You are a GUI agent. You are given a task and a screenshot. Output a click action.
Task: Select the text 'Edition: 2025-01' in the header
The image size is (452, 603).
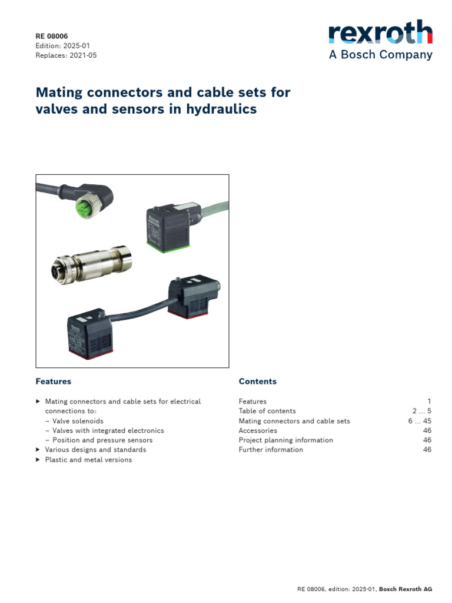coord(63,46)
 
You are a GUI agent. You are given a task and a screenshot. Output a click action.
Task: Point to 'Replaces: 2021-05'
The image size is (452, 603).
coord(66,55)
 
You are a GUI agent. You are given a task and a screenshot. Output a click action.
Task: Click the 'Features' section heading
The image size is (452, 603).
coord(54,382)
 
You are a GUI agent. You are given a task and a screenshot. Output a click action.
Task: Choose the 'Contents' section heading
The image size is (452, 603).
coord(257,382)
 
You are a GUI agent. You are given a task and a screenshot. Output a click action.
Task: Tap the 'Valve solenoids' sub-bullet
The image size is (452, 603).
coord(78,421)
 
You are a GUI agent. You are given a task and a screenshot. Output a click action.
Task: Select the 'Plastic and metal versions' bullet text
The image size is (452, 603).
coord(88,459)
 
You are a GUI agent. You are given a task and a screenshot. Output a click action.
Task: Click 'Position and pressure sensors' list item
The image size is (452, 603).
coord(102,440)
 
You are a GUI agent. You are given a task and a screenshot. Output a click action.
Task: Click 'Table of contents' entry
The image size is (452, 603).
coord(267,411)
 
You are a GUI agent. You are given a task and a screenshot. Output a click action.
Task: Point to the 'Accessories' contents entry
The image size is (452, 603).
coord(258,430)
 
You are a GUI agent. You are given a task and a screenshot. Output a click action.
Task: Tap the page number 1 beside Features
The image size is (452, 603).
coord(429,402)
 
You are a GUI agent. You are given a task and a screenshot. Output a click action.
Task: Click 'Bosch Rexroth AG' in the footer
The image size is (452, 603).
coord(406,589)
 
